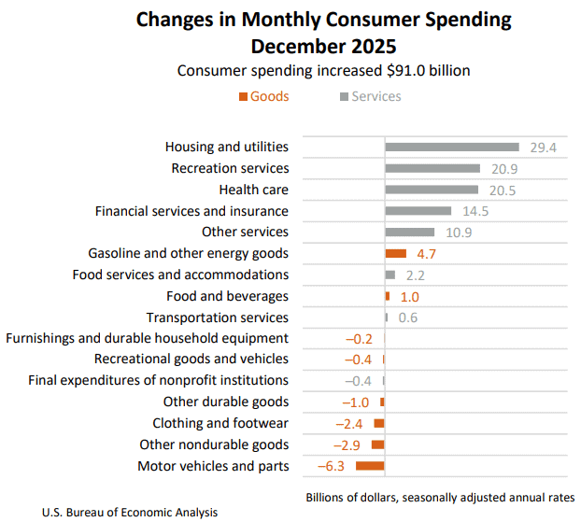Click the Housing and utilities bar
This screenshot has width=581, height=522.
(x=452, y=147)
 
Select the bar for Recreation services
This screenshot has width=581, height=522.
(x=432, y=168)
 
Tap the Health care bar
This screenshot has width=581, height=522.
(x=432, y=190)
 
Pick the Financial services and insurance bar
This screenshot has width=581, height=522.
(x=418, y=211)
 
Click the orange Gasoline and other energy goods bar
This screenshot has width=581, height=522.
(x=396, y=253)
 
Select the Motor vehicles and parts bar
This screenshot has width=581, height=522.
(x=370, y=466)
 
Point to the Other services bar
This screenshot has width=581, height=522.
(x=410, y=232)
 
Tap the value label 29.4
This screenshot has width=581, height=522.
(x=543, y=148)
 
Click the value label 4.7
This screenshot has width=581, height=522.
(x=426, y=254)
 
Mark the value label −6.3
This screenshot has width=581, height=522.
(x=333, y=467)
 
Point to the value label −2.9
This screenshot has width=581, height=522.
(x=349, y=445)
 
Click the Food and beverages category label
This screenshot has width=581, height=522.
(x=227, y=296)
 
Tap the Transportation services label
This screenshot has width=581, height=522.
(x=218, y=317)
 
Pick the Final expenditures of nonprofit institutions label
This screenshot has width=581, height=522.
(x=158, y=381)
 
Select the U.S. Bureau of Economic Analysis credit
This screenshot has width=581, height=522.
(x=130, y=512)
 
